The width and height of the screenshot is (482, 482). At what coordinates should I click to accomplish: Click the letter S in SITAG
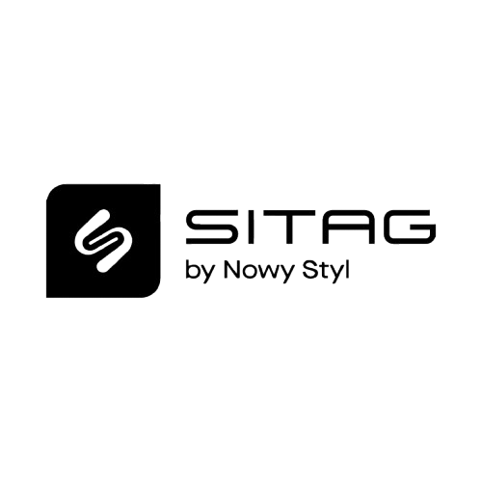click(x=210, y=227)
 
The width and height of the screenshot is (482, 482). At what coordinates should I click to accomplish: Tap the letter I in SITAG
click(x=242, y=227)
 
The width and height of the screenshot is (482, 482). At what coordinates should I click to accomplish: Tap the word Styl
click(x=326, y=273)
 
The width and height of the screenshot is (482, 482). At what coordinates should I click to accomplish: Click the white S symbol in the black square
click(x=103, y=240)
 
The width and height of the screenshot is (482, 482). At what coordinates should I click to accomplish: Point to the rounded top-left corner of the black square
click(x=51, y=190)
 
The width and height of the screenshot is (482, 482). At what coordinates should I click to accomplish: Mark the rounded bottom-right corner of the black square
click(x=155, y=292)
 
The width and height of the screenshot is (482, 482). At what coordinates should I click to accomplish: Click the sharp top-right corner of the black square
click(x=160, y=185)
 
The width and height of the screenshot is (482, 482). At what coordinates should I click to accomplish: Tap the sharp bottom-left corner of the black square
click(x=47, y=297)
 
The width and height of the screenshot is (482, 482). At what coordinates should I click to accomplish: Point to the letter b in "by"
click(x=192, y=271)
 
